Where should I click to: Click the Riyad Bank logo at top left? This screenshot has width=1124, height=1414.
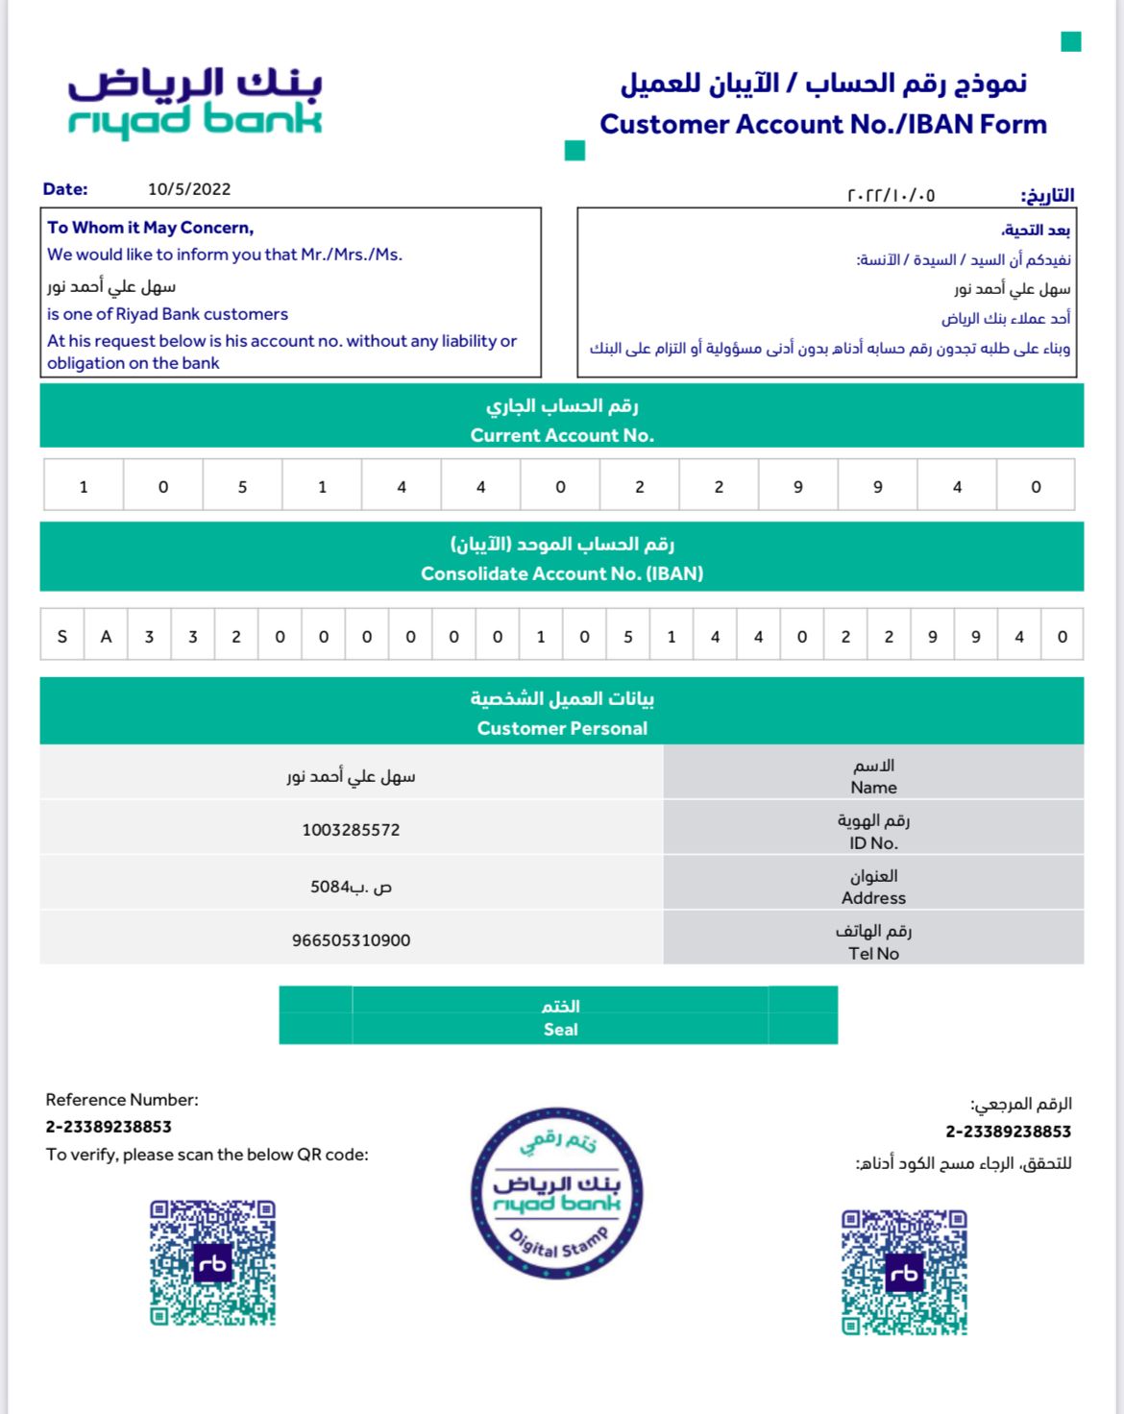pyautogui.click(x=195, y=102)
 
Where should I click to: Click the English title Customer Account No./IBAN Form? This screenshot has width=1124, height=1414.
pyautogui.click(x=823, y=124)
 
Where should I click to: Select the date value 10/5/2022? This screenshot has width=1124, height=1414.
pyautogui.click(x=189, y=189)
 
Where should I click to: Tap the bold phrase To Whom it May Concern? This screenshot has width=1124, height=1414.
pyautogui.click(x=151, y=228)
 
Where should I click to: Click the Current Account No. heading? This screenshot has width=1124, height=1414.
pyautogui.click(x=562, y=435)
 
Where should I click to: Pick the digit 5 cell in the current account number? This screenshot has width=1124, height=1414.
pyautogui.click(x=242, y=486)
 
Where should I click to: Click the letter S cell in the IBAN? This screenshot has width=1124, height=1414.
pyautogui.click(x=62, y=636)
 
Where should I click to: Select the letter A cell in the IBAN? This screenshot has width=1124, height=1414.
pyautogui.click(x=106, y=636)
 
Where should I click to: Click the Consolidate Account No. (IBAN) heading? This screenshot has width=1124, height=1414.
pyautogui.click(x=562, y=573)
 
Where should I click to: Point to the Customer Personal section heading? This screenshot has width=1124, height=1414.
pyautogui.click(x=562, y=728)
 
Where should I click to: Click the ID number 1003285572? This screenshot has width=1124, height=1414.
pyautogui.click(x=351, y=830)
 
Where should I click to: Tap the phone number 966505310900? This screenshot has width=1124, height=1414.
pyautogui.click(x=351, y=940)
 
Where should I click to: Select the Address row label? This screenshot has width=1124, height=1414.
pyautogui.click(x=873, y=898)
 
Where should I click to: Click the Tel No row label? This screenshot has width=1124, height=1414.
pyautogui.click(x=873, y=953)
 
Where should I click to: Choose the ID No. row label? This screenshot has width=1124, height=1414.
pyautogui.click(x=873, y=842)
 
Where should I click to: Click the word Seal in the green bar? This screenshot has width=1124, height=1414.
pyautogui.click(x=561, y=1029)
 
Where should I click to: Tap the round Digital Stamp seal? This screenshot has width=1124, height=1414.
pyautogui.click(x=557, y=1193)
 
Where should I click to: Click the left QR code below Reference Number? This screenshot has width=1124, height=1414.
pyautogui.click(x=212, y=1262)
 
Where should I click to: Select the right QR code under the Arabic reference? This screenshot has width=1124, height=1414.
pyautogui.click(x=904, y=1272)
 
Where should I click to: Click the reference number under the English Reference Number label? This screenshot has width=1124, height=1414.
pyautogui.click(x=109, y=1127)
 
